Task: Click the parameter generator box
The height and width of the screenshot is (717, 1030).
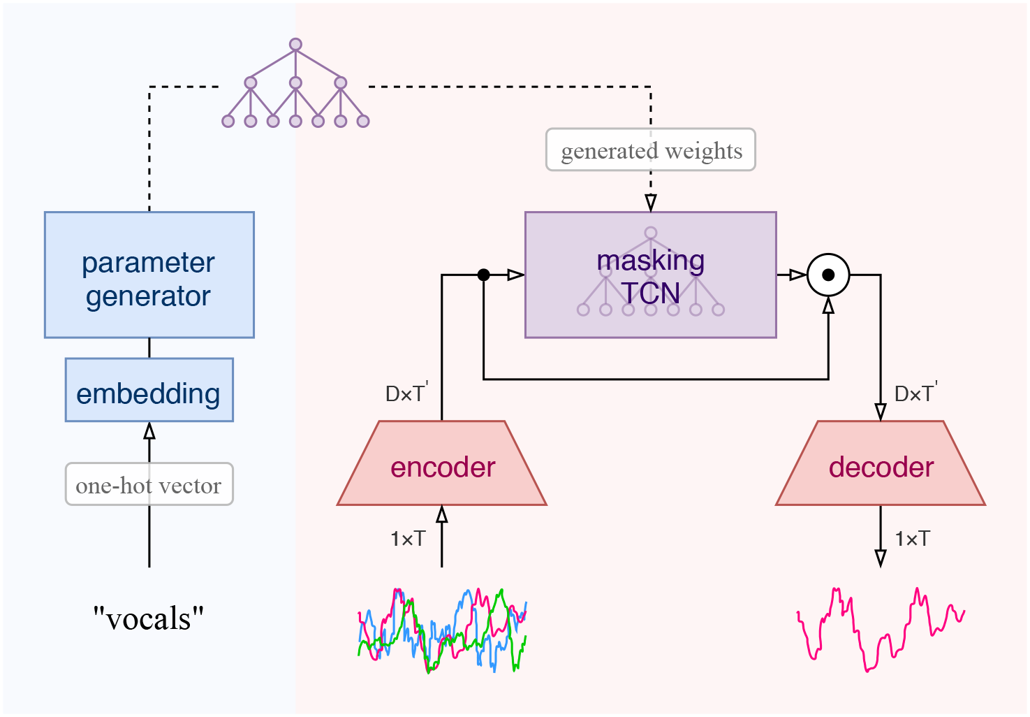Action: [149, 275]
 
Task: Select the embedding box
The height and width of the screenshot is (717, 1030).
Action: [149, 390]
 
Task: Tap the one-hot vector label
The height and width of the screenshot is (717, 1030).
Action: [149, 484]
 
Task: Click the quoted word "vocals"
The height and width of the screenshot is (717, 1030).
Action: [149, 618]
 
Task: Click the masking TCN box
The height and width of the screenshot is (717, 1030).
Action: [650, 275]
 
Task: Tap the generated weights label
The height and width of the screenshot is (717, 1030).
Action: [651, 150]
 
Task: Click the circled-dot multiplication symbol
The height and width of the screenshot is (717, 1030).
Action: [828, 275]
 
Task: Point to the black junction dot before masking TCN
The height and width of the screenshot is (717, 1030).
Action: [483, 275]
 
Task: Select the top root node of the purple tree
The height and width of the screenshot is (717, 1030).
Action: [295, 45]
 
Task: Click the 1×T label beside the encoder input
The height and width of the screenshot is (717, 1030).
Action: [408, 539]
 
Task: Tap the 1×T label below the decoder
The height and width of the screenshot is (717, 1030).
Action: [913, 539]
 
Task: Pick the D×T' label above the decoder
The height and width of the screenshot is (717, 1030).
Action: [915, 393]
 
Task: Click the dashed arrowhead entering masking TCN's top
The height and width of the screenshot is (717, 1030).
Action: [651, 203]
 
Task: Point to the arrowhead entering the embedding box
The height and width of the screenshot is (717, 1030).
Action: [149, 430]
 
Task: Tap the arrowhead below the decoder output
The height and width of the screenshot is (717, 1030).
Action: [881, 558]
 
